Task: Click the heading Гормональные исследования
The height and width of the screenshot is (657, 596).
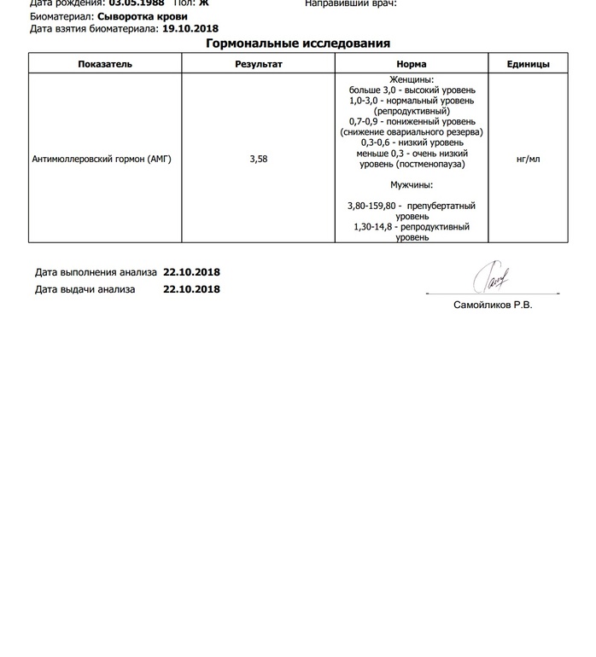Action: [298, 44]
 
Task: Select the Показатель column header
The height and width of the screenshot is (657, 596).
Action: [105, 64]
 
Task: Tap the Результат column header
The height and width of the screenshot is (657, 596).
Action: [258, 64]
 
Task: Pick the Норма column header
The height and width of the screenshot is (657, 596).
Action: [412, 64]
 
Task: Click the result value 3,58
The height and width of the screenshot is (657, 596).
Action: [258, 159]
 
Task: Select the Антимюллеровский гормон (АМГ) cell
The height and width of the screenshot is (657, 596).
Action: [102, 159]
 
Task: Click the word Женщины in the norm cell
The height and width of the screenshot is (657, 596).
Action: [411, 79]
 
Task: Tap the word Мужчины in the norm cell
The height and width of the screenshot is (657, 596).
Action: [411, 184]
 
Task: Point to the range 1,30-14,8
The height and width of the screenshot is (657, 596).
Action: [377, 227]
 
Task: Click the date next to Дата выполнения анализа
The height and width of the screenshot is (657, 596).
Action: [191, 272]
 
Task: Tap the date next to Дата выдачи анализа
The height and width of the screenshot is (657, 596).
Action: [191, 289]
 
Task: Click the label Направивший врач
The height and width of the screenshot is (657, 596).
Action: [350, 3]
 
